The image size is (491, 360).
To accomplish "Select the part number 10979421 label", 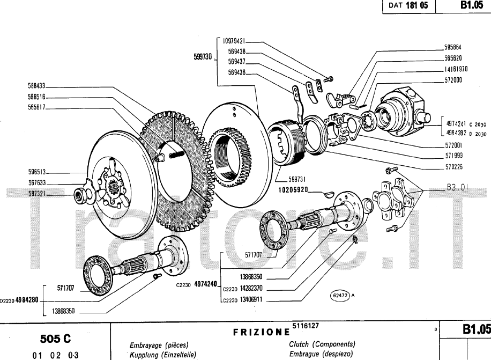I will pyautogui.click(x=234, y=40).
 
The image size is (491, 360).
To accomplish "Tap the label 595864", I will pyautogui.click(x=453, y=47).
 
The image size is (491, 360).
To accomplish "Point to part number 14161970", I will pyautogui.click(x=456, y=69).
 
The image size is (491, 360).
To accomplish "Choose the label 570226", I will pyautogui.click(x=453, y=166).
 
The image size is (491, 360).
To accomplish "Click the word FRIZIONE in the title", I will pyautogui.click(x=262, y=332).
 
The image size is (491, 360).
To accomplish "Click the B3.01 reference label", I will pyautogui.click(x=457, y=188).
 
